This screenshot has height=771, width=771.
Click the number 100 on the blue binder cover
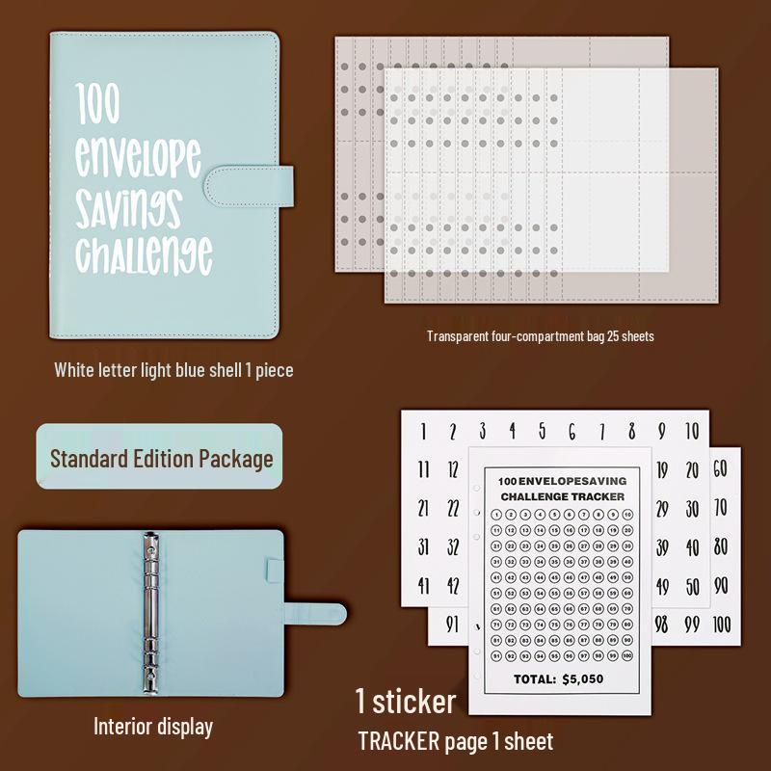click(99, 103)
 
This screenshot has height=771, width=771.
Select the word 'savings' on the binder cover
click(128, 206)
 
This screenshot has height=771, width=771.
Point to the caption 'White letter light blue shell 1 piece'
click(173, 369)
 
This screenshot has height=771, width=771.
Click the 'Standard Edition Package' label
click(161, 458)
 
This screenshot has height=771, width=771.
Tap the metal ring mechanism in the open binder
click(151, 609)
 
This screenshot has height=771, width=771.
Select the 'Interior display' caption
click(152, 726)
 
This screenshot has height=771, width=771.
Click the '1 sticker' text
click(405, 701)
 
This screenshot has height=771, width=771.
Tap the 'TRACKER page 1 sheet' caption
click(456, 741)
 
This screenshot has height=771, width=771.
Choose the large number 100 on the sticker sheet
click(723, 624)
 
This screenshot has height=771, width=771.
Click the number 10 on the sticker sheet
click(691, 431)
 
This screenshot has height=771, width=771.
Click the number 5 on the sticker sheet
click(542, 431)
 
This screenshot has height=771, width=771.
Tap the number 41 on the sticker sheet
click(423, 585)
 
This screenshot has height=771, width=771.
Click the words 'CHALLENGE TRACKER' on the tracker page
click(562, 496)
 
